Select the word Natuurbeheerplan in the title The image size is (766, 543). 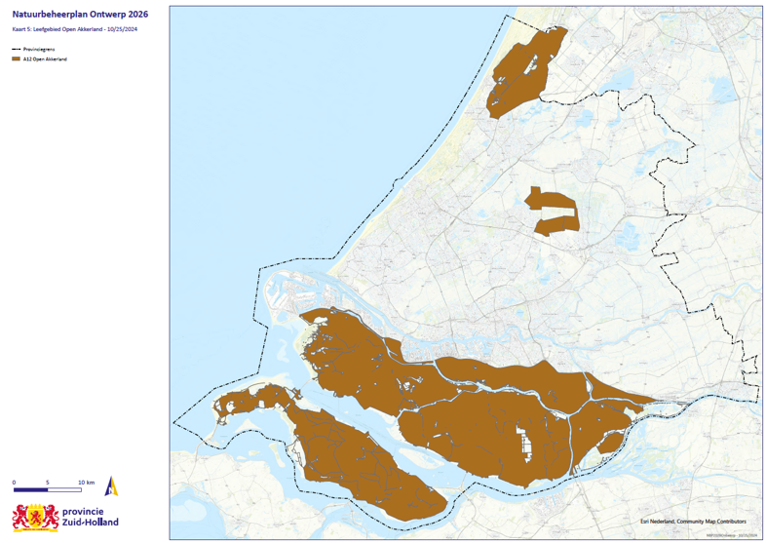(45, 15)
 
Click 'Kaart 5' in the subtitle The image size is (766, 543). (21, 29)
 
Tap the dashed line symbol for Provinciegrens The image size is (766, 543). (16, 49)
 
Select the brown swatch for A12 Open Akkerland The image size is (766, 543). (16, 58)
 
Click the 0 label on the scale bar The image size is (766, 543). (14, 483)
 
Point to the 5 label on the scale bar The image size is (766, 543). (49, 483)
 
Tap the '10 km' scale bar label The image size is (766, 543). (86, 483)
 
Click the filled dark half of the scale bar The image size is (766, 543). (31, 489)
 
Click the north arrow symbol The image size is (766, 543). (111, 486)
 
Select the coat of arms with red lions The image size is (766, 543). (35, 517)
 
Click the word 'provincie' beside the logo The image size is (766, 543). (90, 512)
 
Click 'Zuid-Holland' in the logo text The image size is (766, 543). (90, 523)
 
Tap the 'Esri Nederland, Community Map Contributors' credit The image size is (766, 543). (693, 522)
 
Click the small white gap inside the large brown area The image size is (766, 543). (526, 445)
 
